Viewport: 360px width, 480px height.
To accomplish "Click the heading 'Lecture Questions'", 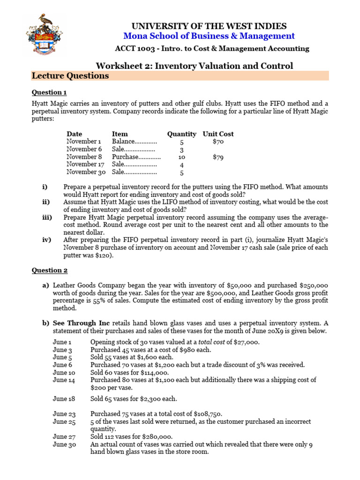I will (x=70, y=76).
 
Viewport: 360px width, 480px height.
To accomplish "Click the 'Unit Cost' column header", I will (x=218, y=134).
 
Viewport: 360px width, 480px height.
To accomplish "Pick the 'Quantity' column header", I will (x=181, y=134).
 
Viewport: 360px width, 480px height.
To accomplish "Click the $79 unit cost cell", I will (x=217, y=157).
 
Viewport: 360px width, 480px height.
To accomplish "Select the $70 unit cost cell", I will (x=217, y=142).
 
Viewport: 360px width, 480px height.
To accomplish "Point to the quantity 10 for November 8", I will (x=182, y=157).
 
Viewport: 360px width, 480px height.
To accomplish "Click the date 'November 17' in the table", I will (x=85, y=165).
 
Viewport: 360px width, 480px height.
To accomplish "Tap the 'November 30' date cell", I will (x=86, y=172).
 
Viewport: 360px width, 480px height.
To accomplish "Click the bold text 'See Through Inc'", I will (x=81, y=323).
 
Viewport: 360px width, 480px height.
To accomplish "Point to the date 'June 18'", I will (x=63, y=399).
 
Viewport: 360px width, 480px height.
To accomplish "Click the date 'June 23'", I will (x=63, y=414).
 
